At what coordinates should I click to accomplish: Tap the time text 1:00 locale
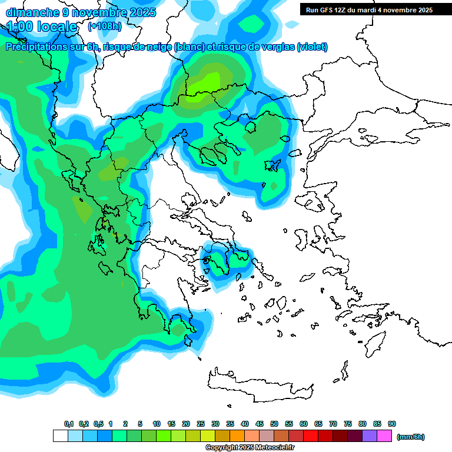coord(42,26)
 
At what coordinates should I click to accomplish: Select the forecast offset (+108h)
coord(104,26)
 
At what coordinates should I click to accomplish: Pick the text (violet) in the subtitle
coord(313,47)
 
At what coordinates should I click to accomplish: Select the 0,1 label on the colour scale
coord(69,424)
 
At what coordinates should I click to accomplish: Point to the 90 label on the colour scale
coord(392,424)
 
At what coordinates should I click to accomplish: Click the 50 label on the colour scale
coord(274,424)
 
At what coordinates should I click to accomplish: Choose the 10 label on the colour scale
coord(157,424)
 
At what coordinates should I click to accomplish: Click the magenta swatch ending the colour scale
coord(384,436)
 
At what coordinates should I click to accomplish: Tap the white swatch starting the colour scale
coord(60,436)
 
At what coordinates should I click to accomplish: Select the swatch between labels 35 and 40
coord(237,436)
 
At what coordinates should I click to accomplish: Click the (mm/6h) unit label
coord(411,437)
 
